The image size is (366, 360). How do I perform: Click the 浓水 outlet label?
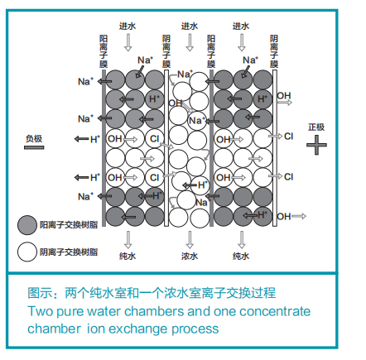(190, 256)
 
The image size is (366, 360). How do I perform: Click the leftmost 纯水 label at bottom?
(128, 256)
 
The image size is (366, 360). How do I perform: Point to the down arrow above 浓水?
(190, 239)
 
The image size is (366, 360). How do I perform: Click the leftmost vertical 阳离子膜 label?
(104, 50)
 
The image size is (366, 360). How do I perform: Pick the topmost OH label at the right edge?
(284, 96)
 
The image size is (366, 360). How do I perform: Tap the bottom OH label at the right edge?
(284, 217)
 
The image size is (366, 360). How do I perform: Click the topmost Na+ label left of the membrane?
(84, 82)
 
